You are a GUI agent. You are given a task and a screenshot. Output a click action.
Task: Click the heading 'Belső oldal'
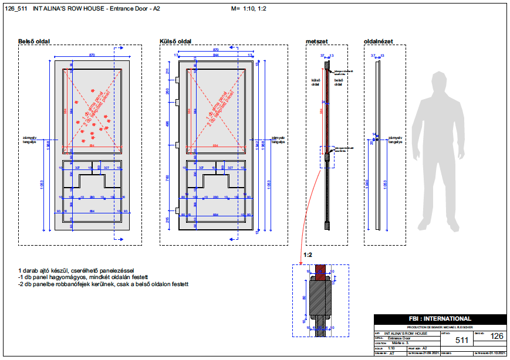(x=34, y=42)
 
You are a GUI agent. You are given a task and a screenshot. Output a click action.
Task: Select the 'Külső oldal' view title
(x=175, y=42)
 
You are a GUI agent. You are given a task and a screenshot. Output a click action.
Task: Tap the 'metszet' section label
(x=317, y=42)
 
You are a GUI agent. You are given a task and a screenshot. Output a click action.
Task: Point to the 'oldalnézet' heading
(x=379, y=42)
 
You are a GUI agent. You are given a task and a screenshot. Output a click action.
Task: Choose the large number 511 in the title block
(x=461, y=339)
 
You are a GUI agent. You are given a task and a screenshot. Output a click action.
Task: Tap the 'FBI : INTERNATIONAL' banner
(x=440, y=318)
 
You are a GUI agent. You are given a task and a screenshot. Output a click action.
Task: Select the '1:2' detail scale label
(x=308, y=254)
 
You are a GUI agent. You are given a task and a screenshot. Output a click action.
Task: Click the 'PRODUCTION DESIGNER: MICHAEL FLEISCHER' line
(x=440, y=327)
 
